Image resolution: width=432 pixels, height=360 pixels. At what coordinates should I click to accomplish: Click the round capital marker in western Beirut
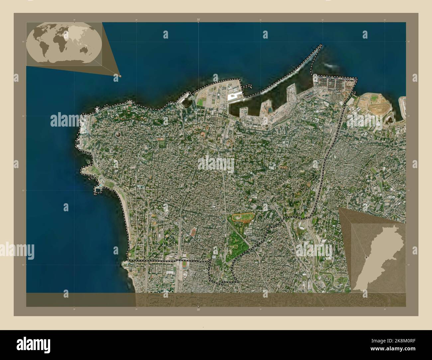(x=118, y=135)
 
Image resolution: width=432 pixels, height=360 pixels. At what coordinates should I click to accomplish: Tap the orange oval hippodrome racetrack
(x=241, y=218)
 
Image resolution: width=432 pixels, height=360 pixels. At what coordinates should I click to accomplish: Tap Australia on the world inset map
(x=88, y=51)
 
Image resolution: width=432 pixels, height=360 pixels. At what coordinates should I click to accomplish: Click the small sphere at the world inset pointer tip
(x=120, y=76)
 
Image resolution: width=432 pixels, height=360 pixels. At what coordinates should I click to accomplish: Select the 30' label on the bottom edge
(x=198, y=310)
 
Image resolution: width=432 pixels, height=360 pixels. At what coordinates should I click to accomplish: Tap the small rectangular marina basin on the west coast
(x=98, y=189)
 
